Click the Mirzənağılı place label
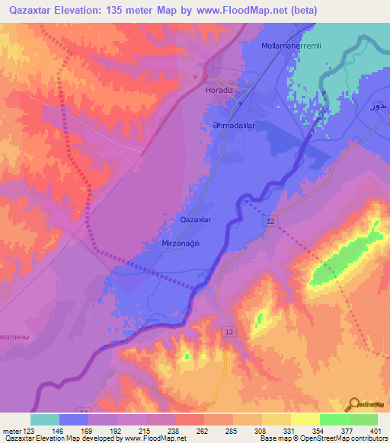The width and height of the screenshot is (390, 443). tap(181, 243)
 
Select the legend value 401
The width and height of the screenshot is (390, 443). tap(373, 430)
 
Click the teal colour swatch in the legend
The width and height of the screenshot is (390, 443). tap(45, 419)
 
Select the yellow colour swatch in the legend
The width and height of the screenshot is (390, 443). tap(305, 419)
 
